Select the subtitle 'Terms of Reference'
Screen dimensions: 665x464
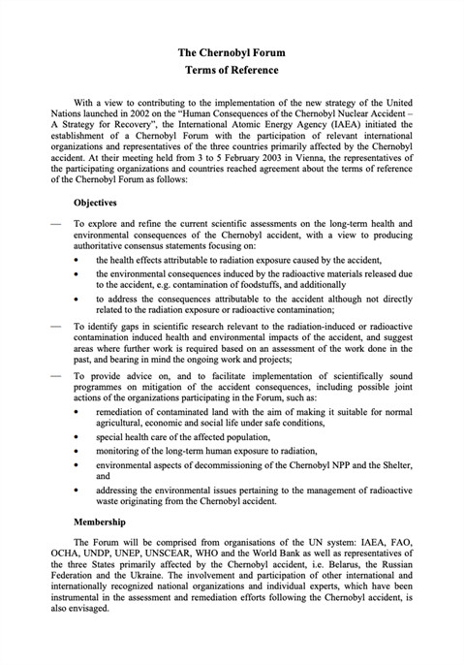pyautogui.click(x=232, y=71)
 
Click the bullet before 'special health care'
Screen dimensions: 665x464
pyautogui.click(x=77, y=439)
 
